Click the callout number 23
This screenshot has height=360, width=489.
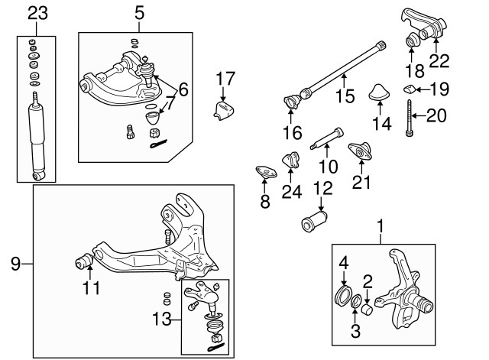pos(37,12)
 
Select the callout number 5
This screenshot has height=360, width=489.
pos(138,12)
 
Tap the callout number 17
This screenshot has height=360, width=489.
pos(225,78)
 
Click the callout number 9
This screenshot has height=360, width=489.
pos(15,264)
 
